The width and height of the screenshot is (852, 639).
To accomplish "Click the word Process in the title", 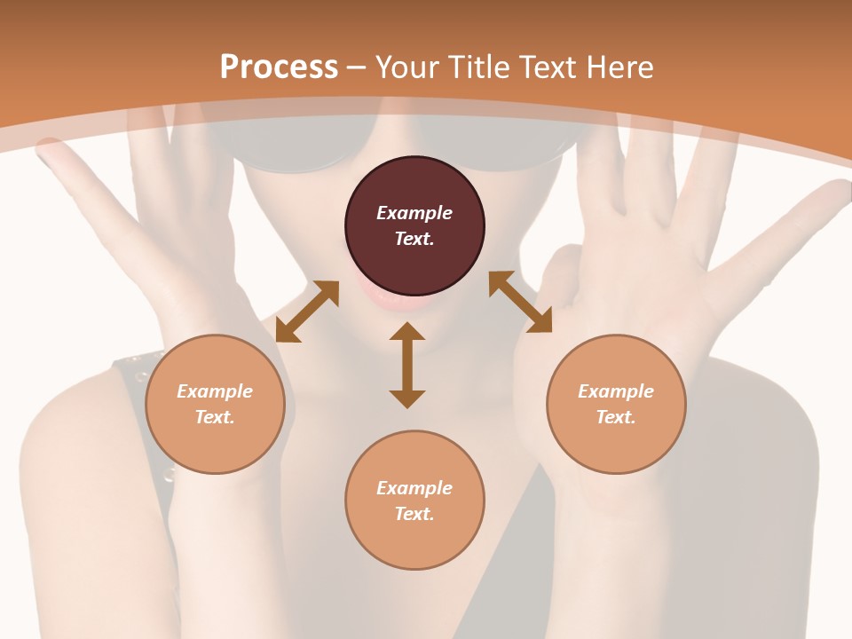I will click(279, 67).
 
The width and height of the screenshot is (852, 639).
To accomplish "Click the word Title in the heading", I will click(478, 67).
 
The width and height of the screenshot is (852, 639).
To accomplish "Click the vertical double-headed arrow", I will click(407, 365).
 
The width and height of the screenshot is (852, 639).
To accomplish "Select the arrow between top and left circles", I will click(307, 312).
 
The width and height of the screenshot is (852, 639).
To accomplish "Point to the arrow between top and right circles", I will click(520, 303).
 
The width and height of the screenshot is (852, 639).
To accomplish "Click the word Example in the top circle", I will click(414, 213).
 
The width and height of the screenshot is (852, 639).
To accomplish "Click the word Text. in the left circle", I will click(215, 417).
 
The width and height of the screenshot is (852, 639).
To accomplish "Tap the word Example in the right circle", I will click(616, 391).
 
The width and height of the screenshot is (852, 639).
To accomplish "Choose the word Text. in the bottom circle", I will click(414, 514).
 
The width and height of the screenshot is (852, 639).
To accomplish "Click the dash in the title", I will click(357, 67).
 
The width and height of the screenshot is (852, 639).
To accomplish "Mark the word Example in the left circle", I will click(215, 391).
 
